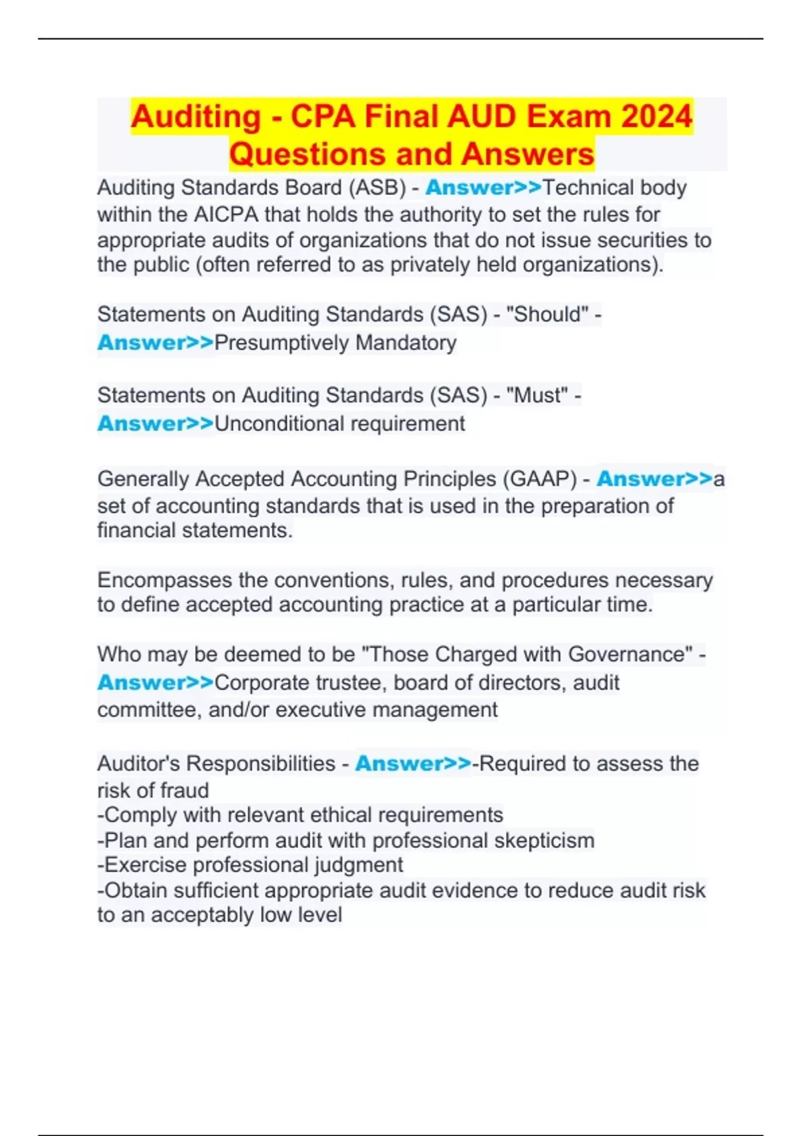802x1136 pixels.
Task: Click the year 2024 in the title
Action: pos(656,116)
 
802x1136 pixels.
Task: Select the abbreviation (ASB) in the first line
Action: pos(376,188)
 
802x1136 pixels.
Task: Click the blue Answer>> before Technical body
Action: pos(483,188)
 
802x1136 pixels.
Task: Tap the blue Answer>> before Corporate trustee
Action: pos(155,683)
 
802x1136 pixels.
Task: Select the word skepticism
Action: pos(544,841)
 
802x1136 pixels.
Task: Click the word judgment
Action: pos(360,865)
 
